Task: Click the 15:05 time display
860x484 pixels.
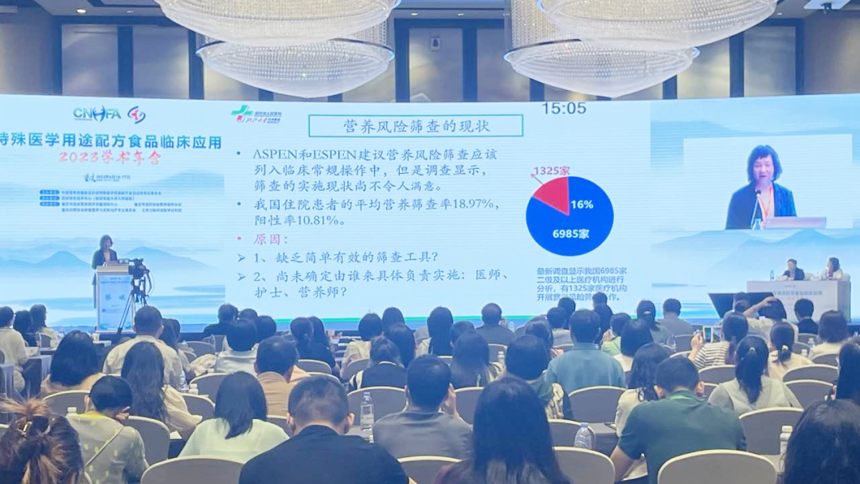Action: tap(564, 108)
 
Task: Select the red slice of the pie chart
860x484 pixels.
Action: tap(552, 194)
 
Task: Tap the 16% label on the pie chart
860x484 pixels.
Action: tap(581, 205)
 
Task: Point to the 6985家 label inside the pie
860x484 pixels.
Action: tap(570, 234)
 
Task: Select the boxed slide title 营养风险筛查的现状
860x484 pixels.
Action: tap(416, 126)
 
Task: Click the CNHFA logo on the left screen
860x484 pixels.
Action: tap(97, 114)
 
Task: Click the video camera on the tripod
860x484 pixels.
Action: tap(137, 269)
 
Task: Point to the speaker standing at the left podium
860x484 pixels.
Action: tap(104, 251)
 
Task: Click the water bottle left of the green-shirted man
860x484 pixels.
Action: tap(584, 436)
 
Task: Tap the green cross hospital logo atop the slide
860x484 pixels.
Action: tap(241, 114)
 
